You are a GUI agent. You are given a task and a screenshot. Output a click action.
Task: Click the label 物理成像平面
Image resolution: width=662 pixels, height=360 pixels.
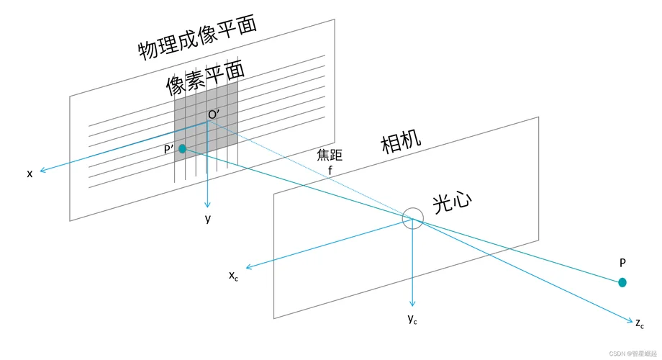coord(198,38)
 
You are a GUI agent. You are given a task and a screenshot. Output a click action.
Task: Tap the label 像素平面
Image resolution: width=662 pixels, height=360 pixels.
coord(205,78)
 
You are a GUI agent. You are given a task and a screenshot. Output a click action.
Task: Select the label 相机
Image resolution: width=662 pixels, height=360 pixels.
coord(401,141)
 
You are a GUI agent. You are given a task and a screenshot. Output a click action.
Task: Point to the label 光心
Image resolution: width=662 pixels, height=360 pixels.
coord(452,203)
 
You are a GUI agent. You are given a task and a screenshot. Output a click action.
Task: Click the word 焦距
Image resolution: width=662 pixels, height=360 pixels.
coord(330,155)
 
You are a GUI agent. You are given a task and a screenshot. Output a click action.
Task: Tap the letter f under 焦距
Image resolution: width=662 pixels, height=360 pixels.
coord(330,171)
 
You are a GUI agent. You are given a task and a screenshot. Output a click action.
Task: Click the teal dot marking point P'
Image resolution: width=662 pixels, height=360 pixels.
coord(182,149)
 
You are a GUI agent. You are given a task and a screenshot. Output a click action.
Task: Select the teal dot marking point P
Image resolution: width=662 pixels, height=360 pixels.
coord(622,283)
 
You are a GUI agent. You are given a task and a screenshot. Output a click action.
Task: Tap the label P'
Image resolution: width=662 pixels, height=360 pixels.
coord(169,149)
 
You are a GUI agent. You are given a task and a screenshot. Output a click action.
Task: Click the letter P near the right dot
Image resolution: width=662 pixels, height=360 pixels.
coord(622,263)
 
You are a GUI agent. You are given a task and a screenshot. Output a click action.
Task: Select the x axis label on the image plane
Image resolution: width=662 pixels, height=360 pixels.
coord(30,174)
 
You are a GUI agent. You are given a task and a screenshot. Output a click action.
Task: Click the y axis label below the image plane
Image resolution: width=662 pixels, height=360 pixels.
coord(208,219)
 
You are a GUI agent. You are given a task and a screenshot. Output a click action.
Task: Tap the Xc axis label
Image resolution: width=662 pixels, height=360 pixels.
coord(233,276)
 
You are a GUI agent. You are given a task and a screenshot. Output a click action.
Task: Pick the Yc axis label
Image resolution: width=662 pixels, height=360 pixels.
coord(412,320)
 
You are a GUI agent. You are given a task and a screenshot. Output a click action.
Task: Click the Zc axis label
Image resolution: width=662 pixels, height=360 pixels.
coord(640,324)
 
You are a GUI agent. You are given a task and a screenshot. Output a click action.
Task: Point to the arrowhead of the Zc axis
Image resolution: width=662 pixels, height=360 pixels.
coord(631,322)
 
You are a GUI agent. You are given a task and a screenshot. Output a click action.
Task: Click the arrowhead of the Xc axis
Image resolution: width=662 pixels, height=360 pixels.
coord(248,267)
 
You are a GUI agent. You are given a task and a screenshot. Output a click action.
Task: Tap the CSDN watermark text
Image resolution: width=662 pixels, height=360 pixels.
coord(633,354)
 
